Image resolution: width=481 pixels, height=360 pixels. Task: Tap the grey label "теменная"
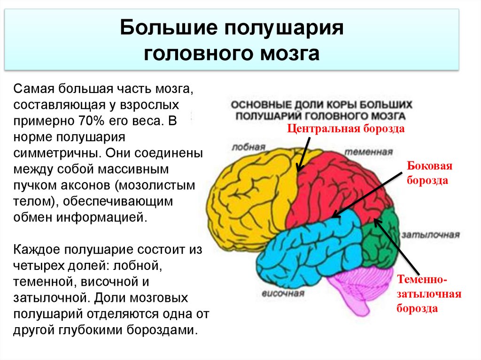(x=368, y=152)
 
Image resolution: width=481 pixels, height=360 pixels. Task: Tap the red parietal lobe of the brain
(x=338, y=183)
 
